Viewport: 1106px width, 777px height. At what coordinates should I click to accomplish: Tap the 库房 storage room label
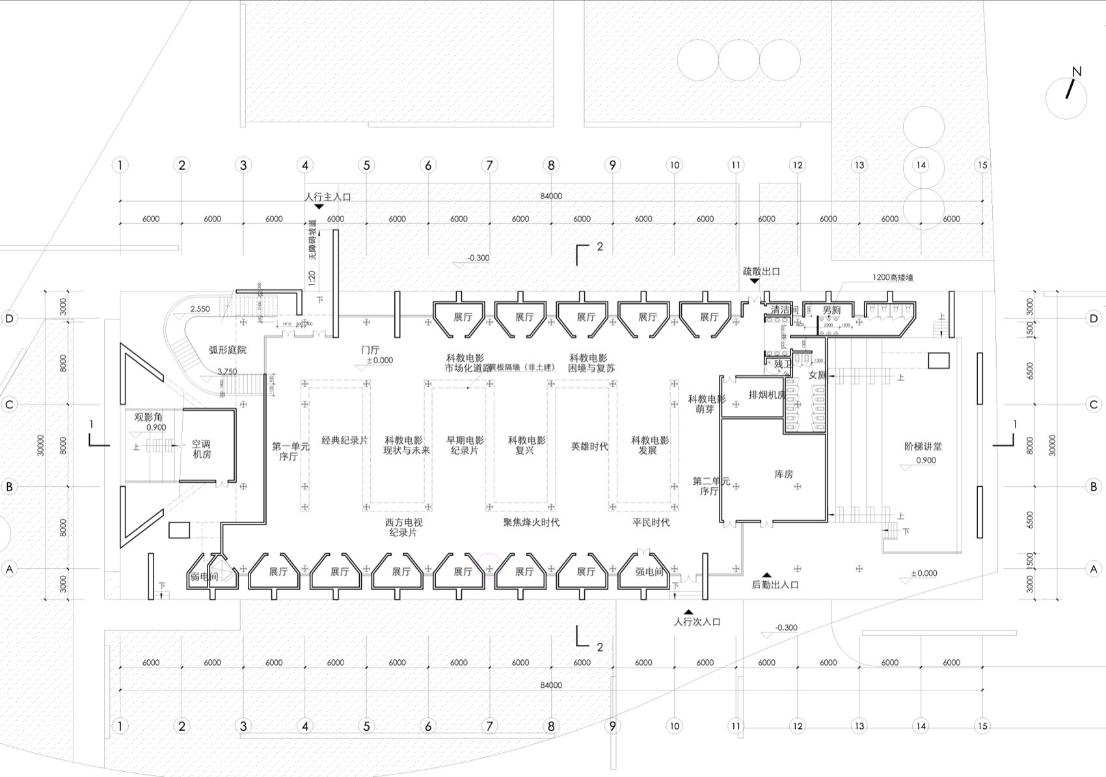[783, 474]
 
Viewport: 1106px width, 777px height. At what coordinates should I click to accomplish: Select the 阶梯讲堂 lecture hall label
[923, 446]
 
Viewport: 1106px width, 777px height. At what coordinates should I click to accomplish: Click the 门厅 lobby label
[370, 349]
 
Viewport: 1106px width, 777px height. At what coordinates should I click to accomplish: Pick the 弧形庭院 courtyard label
[228, 349]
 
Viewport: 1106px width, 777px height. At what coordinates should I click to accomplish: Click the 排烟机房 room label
[766, 394]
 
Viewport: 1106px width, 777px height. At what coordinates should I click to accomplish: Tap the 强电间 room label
[649, 571]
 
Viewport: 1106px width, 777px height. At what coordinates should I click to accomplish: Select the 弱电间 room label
[204, 577]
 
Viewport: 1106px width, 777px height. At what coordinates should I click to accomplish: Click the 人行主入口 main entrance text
[328, 197]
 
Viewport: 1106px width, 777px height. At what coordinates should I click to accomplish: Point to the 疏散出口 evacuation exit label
[761, 271]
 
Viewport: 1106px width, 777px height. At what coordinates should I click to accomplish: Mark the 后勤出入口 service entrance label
[775, 584]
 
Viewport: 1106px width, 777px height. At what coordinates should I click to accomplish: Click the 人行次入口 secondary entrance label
[697, 621]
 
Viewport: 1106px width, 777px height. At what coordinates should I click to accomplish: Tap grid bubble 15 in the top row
[982, 165]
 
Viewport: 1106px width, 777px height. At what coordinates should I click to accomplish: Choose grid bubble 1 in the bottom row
[120, 726]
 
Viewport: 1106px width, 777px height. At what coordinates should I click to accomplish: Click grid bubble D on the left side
[9, 318]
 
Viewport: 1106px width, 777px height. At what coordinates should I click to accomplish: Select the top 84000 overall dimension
[550, 196]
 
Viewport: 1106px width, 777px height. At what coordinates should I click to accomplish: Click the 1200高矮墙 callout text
[893, 277]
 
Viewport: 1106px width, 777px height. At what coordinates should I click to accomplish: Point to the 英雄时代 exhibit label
[589, 446]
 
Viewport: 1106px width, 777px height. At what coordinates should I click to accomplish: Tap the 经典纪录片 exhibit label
[345, 441]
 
